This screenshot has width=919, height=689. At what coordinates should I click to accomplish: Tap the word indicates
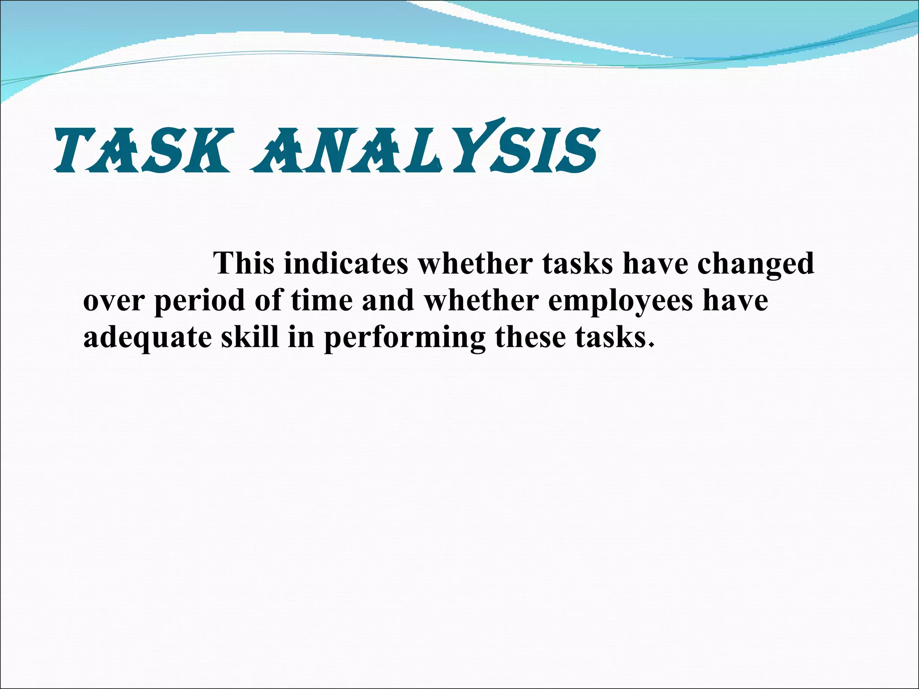click(x=346, y=263)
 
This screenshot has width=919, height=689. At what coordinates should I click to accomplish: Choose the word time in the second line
click(x=321, y=300)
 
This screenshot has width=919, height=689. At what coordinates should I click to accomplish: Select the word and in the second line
click(x=388, y=300)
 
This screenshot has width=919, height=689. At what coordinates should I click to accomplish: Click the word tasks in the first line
click(x=577, y=263)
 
